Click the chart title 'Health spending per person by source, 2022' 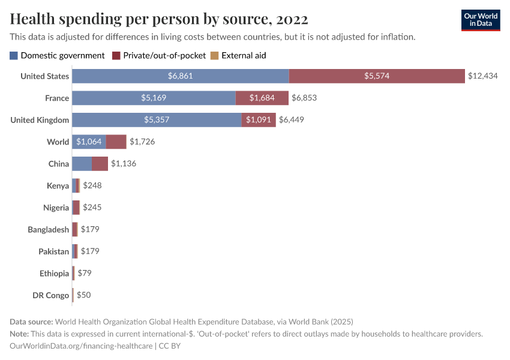(x=159, y=19)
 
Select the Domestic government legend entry (x=58, y=55)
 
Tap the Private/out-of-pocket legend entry (x=159, y=55)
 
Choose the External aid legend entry (x=238, y=55)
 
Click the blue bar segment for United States (x=181, y=76)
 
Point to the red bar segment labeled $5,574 (x=377, y=76)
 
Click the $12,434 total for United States (x=484, y=76)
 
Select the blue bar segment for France (x=154, y=98)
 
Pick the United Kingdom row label (x=40, y=120)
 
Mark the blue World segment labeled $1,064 (x=89, y=142)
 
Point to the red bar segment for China (x=100, y=164)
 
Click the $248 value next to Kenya (x=92, y=185)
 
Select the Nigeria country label (x=56, y=208)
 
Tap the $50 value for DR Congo (x=83, y=295)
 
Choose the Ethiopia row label (x=54, y=274)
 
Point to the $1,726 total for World (x=143, y=142)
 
